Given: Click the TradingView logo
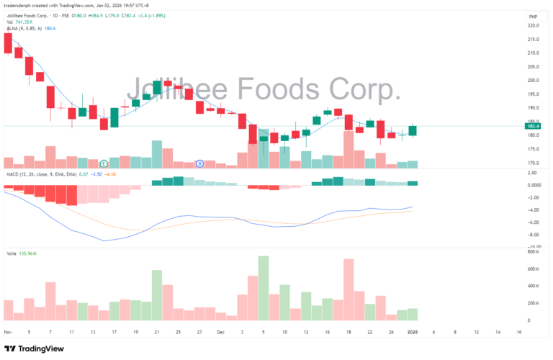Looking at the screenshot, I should [35, 348].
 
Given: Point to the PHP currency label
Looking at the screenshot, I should [534, 16].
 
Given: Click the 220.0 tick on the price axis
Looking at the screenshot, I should [534, 25].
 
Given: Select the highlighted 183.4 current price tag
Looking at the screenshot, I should [534, 126].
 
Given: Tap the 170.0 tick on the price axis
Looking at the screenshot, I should [534, 163].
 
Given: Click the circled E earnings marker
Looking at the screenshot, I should [104, 163].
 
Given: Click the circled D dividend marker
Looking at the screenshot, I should [199, 163].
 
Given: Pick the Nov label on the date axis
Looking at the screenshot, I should [8, 332].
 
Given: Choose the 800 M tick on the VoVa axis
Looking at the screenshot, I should [534, 253].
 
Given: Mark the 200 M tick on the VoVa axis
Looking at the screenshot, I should [534, 303].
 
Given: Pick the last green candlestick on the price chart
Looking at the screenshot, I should [413, 130].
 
